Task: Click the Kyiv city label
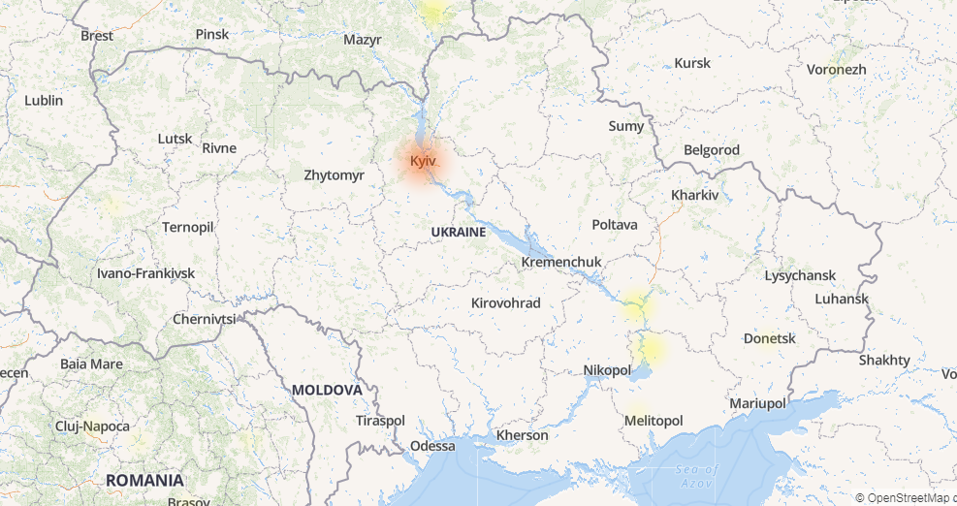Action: pyautogui.click(x=423, y=160)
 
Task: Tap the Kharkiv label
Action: pyautogui.click(x=695, y=195)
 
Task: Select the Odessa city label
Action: pyautogui.click(x=432, y=446)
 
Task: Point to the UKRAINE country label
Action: pyautogui.click(x=458, y=233)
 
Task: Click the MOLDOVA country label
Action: pyautogui.click(x=327, y=390)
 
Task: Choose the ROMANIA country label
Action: pyautogui.click(x=144, y=480)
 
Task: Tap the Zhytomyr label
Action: pyautogui.click(x=334, y=175)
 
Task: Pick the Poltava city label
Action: pyautogui.click(x=615, y=224)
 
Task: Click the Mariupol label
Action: pyautogui.click(x=757, y=402)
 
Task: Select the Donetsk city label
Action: pyautogui.click(x=769, y=338)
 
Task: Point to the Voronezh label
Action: pyautogui.click(x=836, y=70)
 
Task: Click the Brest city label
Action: pyautogui.click(x=97, y=35)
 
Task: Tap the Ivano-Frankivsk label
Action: pyautogui.click(x=145, y=273)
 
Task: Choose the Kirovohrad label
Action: pyautogui.click(x=505, y=302)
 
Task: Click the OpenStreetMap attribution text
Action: pyautogui.click(x=909, y=497)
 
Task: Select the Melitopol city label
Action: pyautogui.click(x=654, y=420)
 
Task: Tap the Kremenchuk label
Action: pyautogui.click(x=561, y=262)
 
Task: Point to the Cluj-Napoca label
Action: pyautogui.click(x=92, y=427)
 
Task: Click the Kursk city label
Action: pyautogui.click(x=692, y=63)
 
